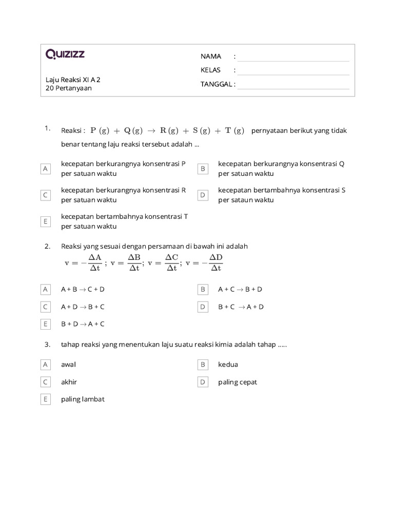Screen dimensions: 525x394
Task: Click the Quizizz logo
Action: tap(65, 54)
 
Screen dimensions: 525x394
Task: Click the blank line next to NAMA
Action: tap(293, 57)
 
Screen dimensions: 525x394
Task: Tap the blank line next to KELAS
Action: tap(293, 71)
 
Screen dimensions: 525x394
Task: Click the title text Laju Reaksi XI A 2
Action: tap(73, 79)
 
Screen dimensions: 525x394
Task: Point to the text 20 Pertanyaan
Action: tap(69, 88)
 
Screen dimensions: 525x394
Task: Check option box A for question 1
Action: tap(46, 169)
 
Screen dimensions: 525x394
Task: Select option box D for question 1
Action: tap(203, 195)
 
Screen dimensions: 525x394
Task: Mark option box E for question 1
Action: tap(46, 221)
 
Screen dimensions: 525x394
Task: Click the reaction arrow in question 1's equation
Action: tap(151, 131)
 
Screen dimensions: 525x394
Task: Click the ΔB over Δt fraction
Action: tap(134, 262)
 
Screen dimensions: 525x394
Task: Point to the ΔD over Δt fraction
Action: tap(215, 262)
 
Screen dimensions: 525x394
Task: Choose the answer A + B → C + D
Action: tap(83, 289)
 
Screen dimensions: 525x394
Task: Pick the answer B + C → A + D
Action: tap(241, 307)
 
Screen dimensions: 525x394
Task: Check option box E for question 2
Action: tap(46, 324)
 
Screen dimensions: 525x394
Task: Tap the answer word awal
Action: tap(69, 365)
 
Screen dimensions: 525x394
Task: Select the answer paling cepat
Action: tap(238, 382)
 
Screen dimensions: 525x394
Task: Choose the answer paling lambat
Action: tap(83, 399)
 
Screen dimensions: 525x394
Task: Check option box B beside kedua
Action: tap(203, 365)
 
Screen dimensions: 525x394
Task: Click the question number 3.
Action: tap(47, 345)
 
